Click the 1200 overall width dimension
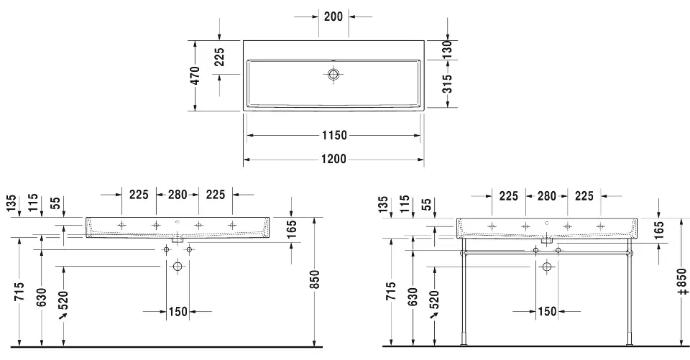pyautogui.click(x=333, y=159)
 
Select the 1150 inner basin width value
pyautogui.click(x=334, y=135)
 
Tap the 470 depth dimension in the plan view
pyautogui.click(x=196, y=75)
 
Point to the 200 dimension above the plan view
pyautogui.click(x=333, y=17)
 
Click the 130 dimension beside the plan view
pyautogui.click(x=447, y=50)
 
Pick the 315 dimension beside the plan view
pyautogui.click(x=447, y=84)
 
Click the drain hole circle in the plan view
pyautogui.click(x=333, y=75)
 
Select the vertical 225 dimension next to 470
pyautogui.click(x=219, y=57)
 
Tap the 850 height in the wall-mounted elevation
pyautogui.click(x=315, y=280)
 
